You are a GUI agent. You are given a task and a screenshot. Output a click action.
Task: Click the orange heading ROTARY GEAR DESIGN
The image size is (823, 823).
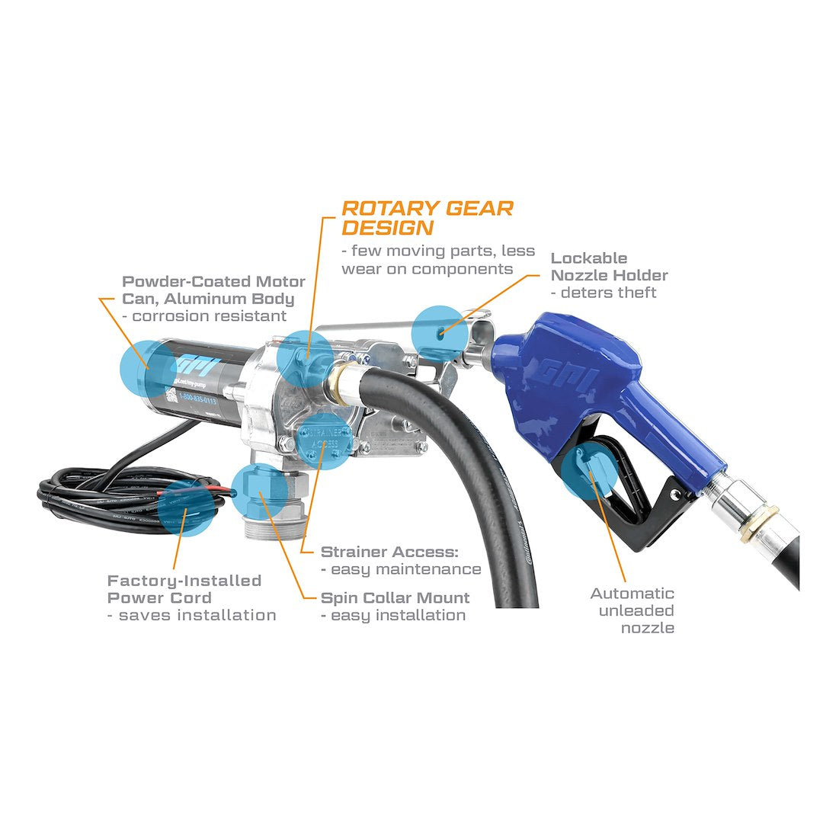point(427,217)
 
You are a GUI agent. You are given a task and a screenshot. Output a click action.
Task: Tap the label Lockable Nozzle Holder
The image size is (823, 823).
point(609,267)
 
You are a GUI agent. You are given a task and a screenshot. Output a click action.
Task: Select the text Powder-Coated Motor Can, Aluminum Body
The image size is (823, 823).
point(213,290)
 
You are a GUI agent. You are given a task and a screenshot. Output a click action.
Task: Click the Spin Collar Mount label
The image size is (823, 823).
point(395,598)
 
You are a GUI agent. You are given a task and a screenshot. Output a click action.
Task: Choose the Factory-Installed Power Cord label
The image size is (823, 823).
point(184,589)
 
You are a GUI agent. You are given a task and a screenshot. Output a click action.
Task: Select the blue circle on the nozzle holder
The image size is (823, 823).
point(440,331)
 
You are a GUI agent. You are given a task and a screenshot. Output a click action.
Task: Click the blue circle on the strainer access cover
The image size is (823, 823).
point(324,440)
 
